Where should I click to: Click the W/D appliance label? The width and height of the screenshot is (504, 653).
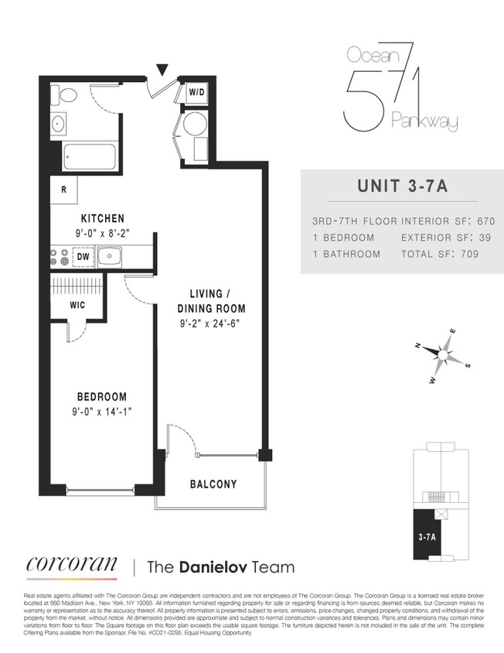[196, 93]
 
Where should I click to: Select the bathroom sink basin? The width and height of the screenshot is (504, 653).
[59, 123]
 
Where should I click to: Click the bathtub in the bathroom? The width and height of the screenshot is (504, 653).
[89, 157]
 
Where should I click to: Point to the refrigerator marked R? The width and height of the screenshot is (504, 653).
[63, 189]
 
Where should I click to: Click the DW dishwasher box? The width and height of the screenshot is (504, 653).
[82, 255]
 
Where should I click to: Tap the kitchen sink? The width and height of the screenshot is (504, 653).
[110, 255]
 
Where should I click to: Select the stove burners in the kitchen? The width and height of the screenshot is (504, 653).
[58, 255]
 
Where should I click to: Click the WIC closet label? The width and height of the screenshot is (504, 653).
[77, 305]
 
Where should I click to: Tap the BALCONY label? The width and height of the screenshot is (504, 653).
[213, 485]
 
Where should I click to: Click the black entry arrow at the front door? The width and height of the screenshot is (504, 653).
[161, 70]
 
